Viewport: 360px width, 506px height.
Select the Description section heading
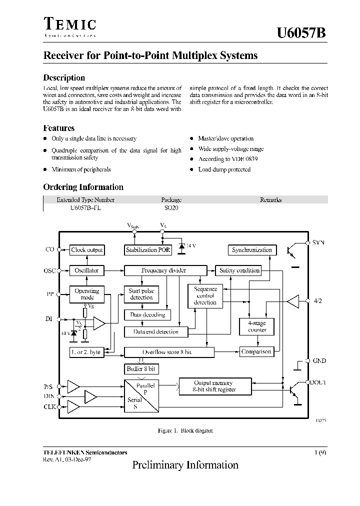[x=64, y=78]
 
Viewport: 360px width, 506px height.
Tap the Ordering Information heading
[x=83, y=187]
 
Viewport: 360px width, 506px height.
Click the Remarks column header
[x=270, y=200]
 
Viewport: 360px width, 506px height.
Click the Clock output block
[x=86, y=250]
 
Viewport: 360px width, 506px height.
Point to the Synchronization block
[x=252, y=250]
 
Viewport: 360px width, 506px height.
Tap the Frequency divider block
[x=164, y=270]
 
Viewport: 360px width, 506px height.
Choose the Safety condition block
[x=239, y=270]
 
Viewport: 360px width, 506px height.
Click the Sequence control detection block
[x=205, y=295]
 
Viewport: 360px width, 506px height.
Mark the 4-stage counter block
[x=257, y=326]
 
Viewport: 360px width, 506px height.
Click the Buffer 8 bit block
[x=141, y=369]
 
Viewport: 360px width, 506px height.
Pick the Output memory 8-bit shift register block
[x=214, y=386]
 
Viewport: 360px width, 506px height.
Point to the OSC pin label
[x=49, y=271]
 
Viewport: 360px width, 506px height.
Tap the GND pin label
[x=319, y=360]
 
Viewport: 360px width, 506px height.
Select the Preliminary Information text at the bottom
[x=185, y=465]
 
